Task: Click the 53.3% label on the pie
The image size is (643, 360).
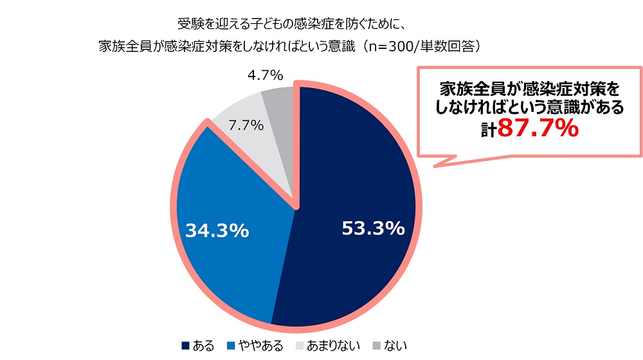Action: click(x=373, y=228)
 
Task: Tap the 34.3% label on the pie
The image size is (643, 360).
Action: click(x=217, y=231)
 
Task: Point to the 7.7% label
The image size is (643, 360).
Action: click(x=246, y=125)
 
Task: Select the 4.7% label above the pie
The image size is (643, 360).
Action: click(x=264, y=76)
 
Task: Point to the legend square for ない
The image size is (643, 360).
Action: click(x=376, y=345)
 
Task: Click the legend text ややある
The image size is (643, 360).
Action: click(x=261, y=345)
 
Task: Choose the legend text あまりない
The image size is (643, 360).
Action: click(x=334, y=345)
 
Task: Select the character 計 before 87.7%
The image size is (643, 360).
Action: click(x=489, y=129)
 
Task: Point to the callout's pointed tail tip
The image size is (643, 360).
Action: click(x=435, y=168)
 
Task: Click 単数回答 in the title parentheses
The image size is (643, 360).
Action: click(x=450, y=46)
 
